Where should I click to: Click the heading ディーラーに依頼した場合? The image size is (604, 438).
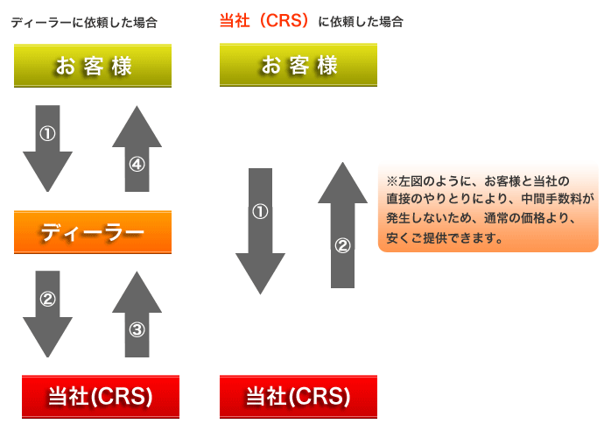click(x=84, y=23)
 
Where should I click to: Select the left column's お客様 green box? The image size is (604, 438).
click(x=92, y=66)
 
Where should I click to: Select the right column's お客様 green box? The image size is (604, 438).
click(x=298, y=65)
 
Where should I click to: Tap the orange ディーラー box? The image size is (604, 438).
click(x=92, y=232)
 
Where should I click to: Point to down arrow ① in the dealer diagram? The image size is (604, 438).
click(x=47, y=145)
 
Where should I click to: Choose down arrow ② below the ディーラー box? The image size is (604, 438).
click(x=47, y=311)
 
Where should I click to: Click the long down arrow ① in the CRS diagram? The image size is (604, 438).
click(x=260, y=228)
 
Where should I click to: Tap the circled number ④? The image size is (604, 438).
click(x=137, y=164)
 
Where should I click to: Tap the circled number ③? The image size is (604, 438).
click(x=137, y=330)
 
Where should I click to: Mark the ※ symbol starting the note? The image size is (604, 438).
click(x=391, y=181)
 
